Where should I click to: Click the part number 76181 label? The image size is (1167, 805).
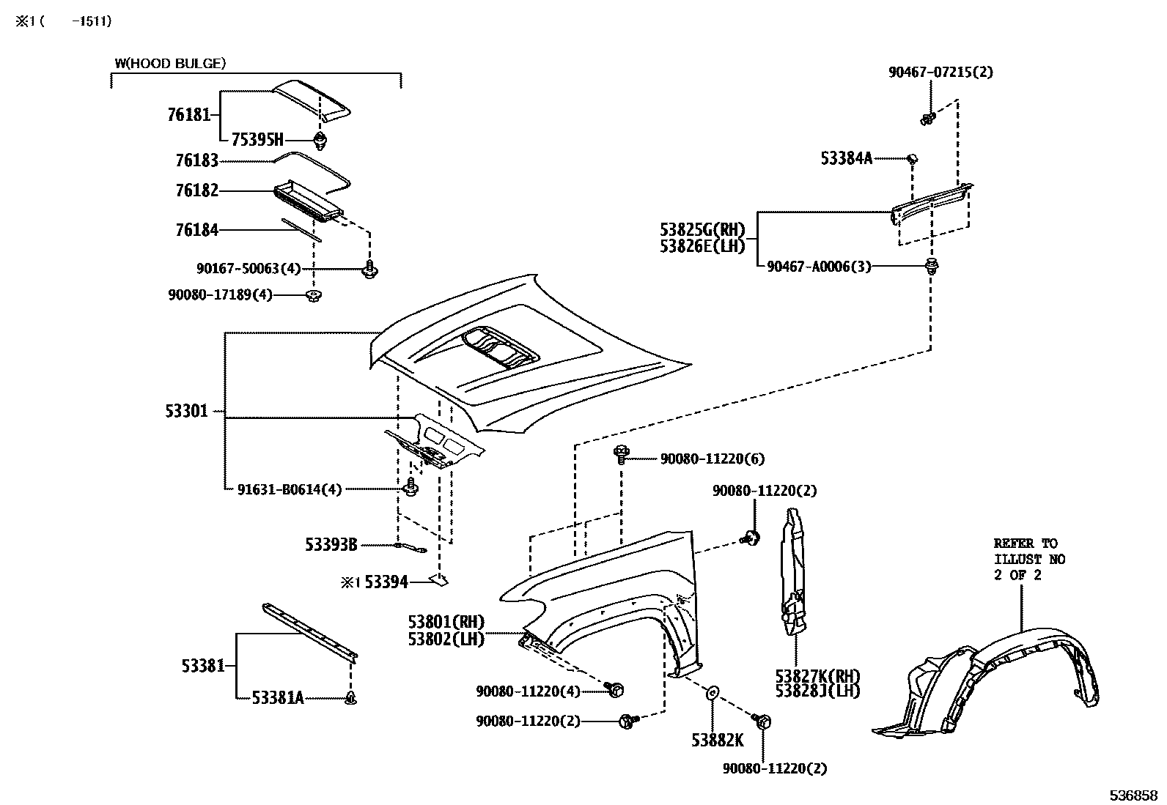188,114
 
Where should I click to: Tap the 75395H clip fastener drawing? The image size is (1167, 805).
320,141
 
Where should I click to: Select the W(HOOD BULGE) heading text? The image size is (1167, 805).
170,64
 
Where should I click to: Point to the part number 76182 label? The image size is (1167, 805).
197,190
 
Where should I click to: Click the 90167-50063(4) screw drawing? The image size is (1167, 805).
369,270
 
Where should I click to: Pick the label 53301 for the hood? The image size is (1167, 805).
186,411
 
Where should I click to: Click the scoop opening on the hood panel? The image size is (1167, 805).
500,348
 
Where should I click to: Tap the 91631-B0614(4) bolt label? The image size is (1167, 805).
290,489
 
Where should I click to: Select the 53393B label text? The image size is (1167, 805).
331,545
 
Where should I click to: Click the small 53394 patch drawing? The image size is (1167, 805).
438,579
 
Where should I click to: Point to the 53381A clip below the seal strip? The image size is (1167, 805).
351,698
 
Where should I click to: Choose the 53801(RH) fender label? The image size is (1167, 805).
446,622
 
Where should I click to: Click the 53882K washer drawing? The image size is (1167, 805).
712,692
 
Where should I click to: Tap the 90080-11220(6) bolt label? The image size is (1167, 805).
713,459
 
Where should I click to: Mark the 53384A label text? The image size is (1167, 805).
847,158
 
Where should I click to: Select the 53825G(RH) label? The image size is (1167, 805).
702,229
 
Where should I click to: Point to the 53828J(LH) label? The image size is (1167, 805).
817,691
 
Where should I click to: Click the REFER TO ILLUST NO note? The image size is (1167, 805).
1029,559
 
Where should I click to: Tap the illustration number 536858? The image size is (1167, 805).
1133,795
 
